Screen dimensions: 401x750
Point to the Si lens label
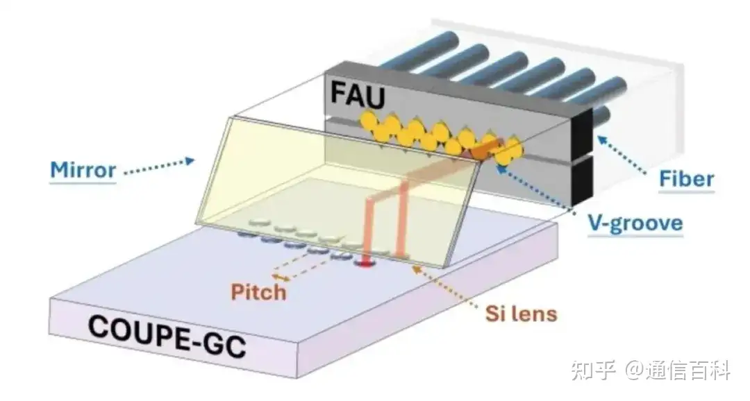point(522,314)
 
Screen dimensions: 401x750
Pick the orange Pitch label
point(259,291)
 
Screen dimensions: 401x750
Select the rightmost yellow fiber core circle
point(512,148)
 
